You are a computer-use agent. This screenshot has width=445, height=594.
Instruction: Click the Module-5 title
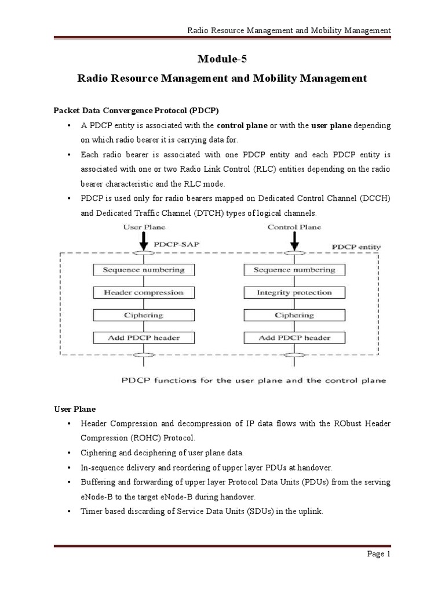coord(222,58)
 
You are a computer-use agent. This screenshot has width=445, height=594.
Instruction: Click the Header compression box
coord(144,293)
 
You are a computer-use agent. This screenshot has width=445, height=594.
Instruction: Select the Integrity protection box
coord(294,293)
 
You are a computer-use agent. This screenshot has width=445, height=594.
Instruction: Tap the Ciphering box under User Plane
coord(144,315)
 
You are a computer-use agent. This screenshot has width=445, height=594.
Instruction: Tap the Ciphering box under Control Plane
coord(294,315)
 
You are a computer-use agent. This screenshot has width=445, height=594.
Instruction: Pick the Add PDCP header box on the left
coord(144,338)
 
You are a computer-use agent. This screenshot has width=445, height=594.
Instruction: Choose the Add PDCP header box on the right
coord(294,338)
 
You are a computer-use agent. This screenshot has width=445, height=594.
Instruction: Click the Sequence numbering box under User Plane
coord(144,270)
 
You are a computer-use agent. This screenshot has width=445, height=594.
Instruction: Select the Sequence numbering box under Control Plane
coord(294,270)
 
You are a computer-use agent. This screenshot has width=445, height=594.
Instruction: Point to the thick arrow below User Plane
coord(144,240)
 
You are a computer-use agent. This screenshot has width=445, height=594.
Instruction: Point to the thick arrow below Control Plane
coord(294,240)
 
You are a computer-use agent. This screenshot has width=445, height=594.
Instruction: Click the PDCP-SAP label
coord(180,245)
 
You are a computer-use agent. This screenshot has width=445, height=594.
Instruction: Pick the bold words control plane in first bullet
coord(242,125)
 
